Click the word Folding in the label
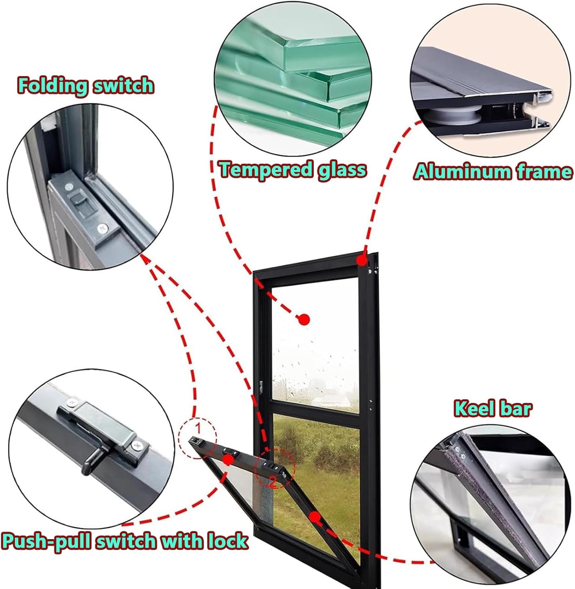point(51,86)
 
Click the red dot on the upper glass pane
point(304,319)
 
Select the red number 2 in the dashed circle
point(273,482)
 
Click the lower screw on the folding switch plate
point(103,228)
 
